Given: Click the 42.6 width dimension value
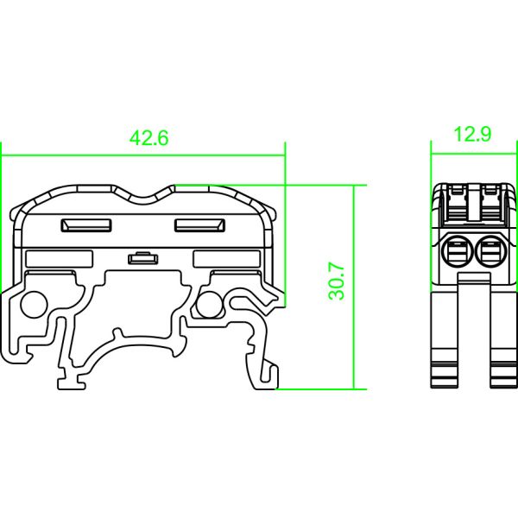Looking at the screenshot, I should click(x=148, y=138).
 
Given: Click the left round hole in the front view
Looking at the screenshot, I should click(x=35, y=305).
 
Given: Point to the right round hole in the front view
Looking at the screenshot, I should click(x=208, y=303).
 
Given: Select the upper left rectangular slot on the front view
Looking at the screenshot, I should click(x=85, y=226).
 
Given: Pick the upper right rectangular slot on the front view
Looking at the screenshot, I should click(x=199, y=226).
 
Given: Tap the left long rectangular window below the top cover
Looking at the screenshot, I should click(x=60, y=258).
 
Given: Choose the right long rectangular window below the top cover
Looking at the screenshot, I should click(x=225, y=258).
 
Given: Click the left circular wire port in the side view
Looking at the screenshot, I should click(x=456, y=253).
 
